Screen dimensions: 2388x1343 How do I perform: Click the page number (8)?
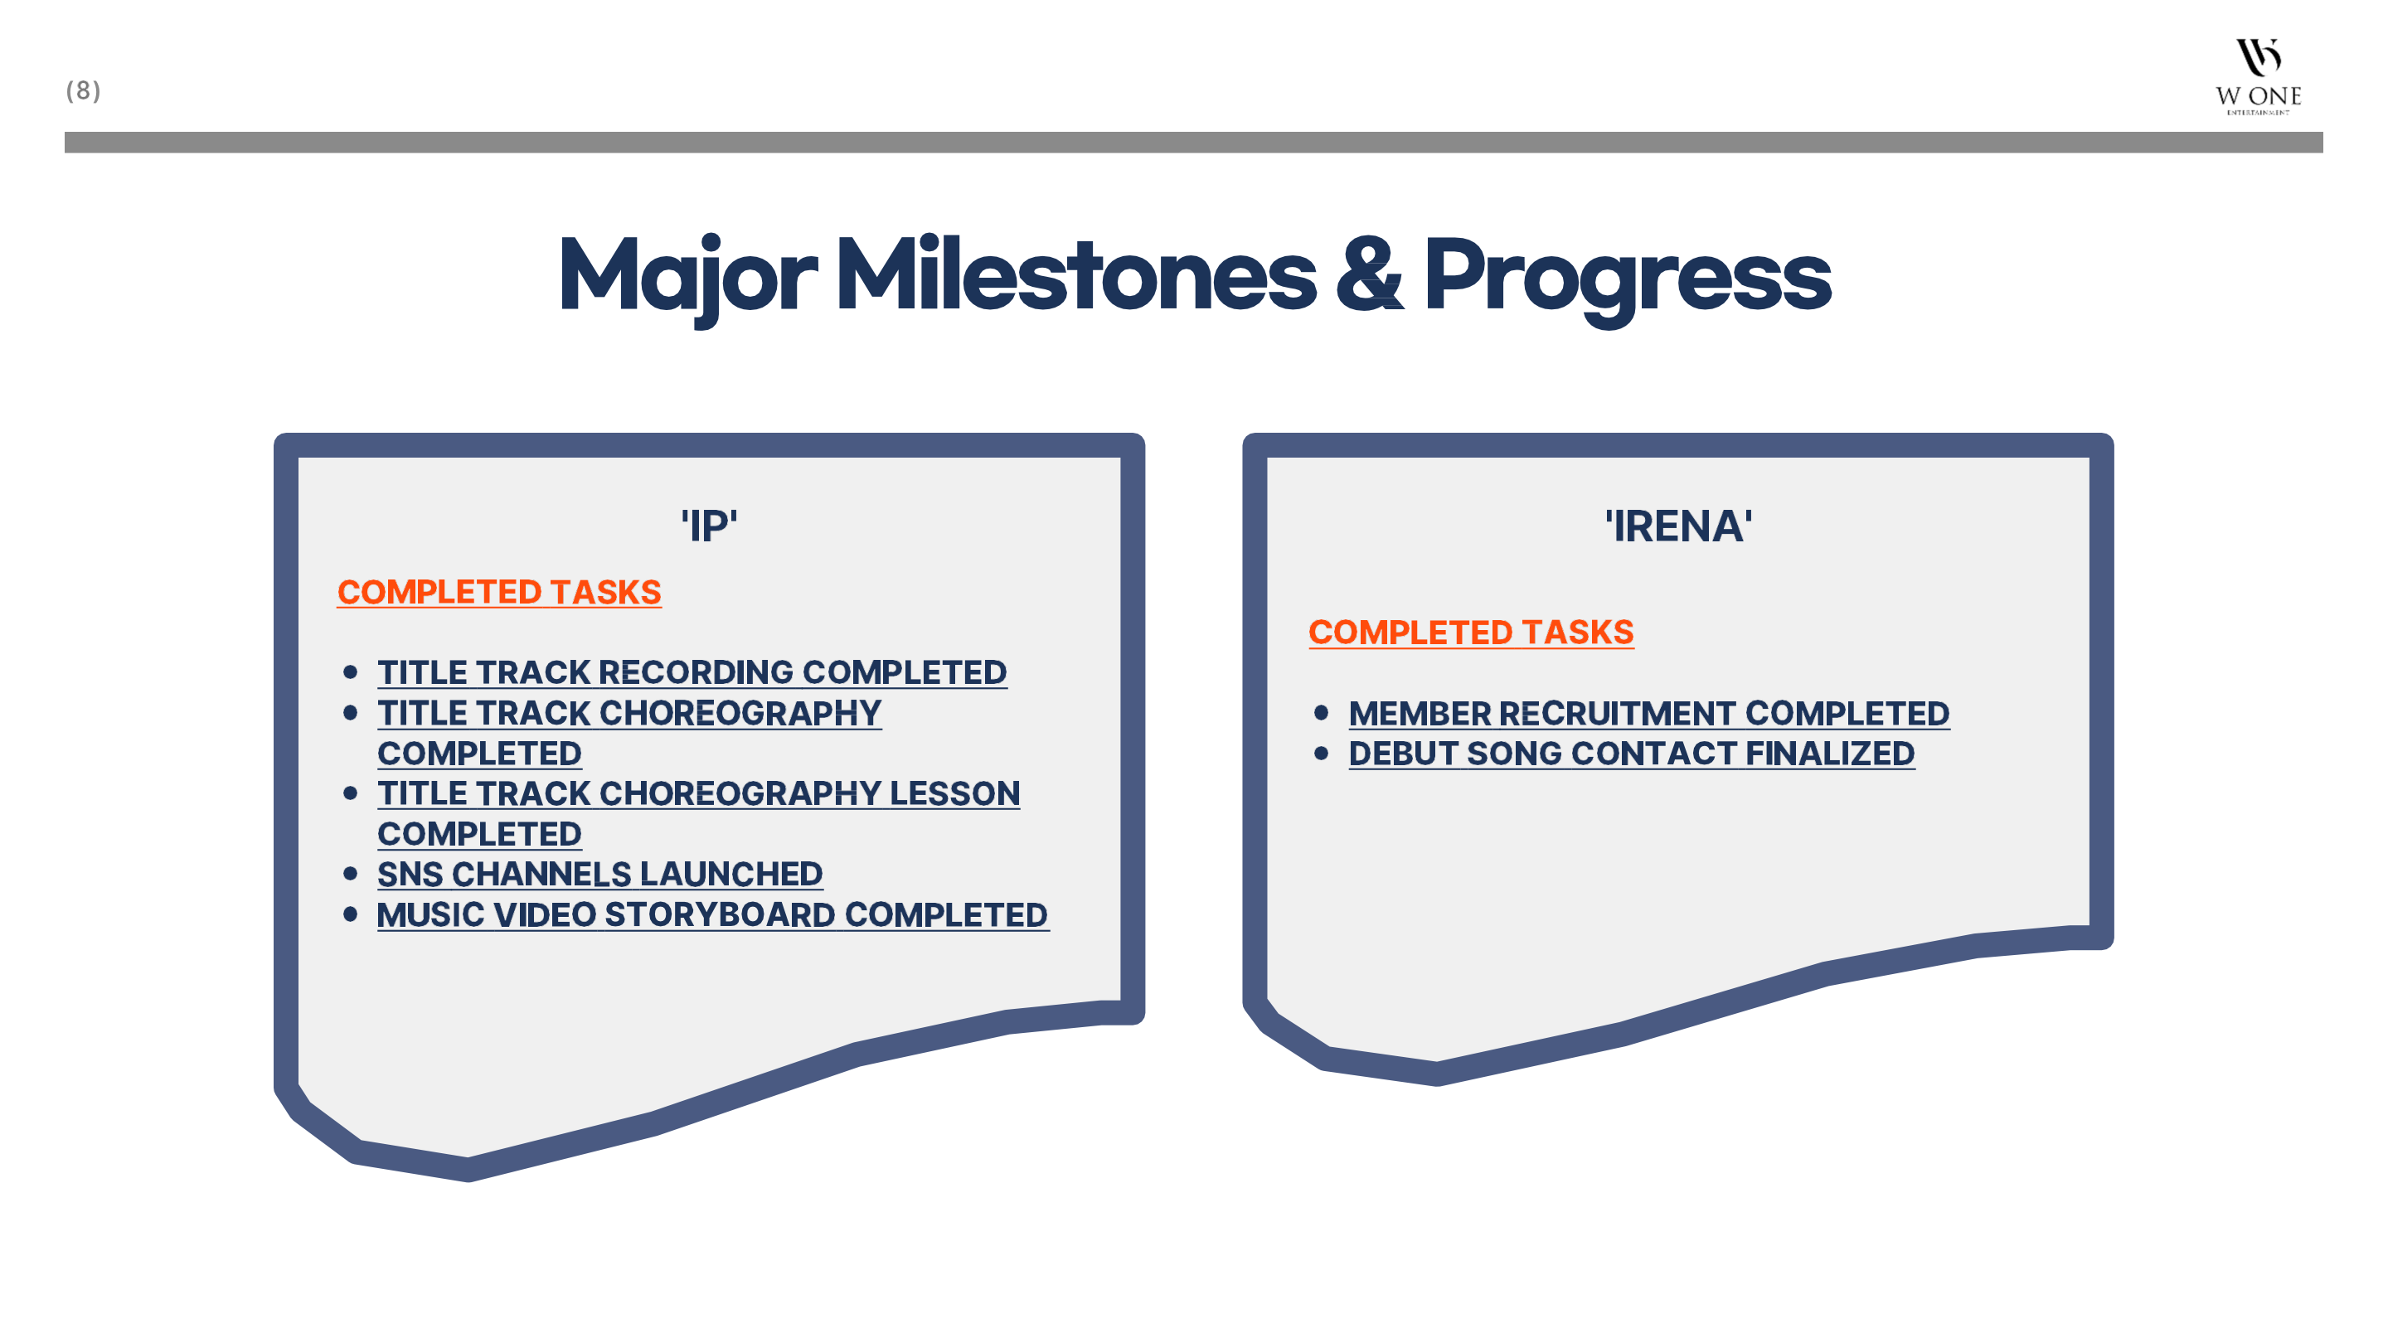(x=84, y=91)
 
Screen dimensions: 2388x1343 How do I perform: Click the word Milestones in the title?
(x=1075, y=274)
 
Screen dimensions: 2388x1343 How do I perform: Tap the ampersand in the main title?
(x=1369, y=274)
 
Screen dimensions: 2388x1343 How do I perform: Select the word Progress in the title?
(x=1628, y=278)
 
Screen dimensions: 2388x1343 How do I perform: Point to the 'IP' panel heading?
(x=709, y=526)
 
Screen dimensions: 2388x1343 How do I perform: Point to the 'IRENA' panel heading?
(x=1679, y=526)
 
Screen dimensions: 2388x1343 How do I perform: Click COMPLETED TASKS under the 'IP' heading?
(x=498, y=592)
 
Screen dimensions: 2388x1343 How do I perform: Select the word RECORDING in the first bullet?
(x=701, y=672)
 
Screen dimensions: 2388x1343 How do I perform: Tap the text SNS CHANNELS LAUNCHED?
(x=599, y=874)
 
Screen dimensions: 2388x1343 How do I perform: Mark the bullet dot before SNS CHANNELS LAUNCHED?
(x=351, y=874)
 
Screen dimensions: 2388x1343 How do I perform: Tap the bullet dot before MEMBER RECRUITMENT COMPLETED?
(x=1322, y=713)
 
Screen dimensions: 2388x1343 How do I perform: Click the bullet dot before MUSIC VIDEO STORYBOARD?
(x=351, y=914)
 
